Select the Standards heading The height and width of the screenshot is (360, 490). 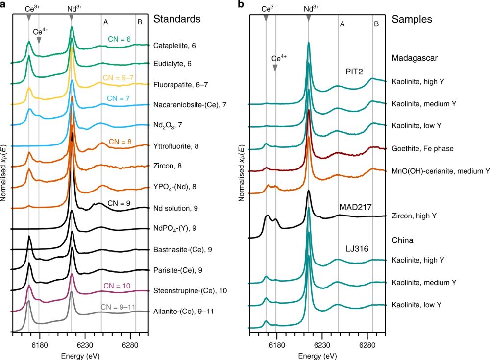tap(177, 19)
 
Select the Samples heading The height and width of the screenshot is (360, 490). tap(412, 19)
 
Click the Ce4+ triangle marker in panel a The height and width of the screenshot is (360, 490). tap(39, 41)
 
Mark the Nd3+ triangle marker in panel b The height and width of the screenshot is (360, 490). tap(308, 18)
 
